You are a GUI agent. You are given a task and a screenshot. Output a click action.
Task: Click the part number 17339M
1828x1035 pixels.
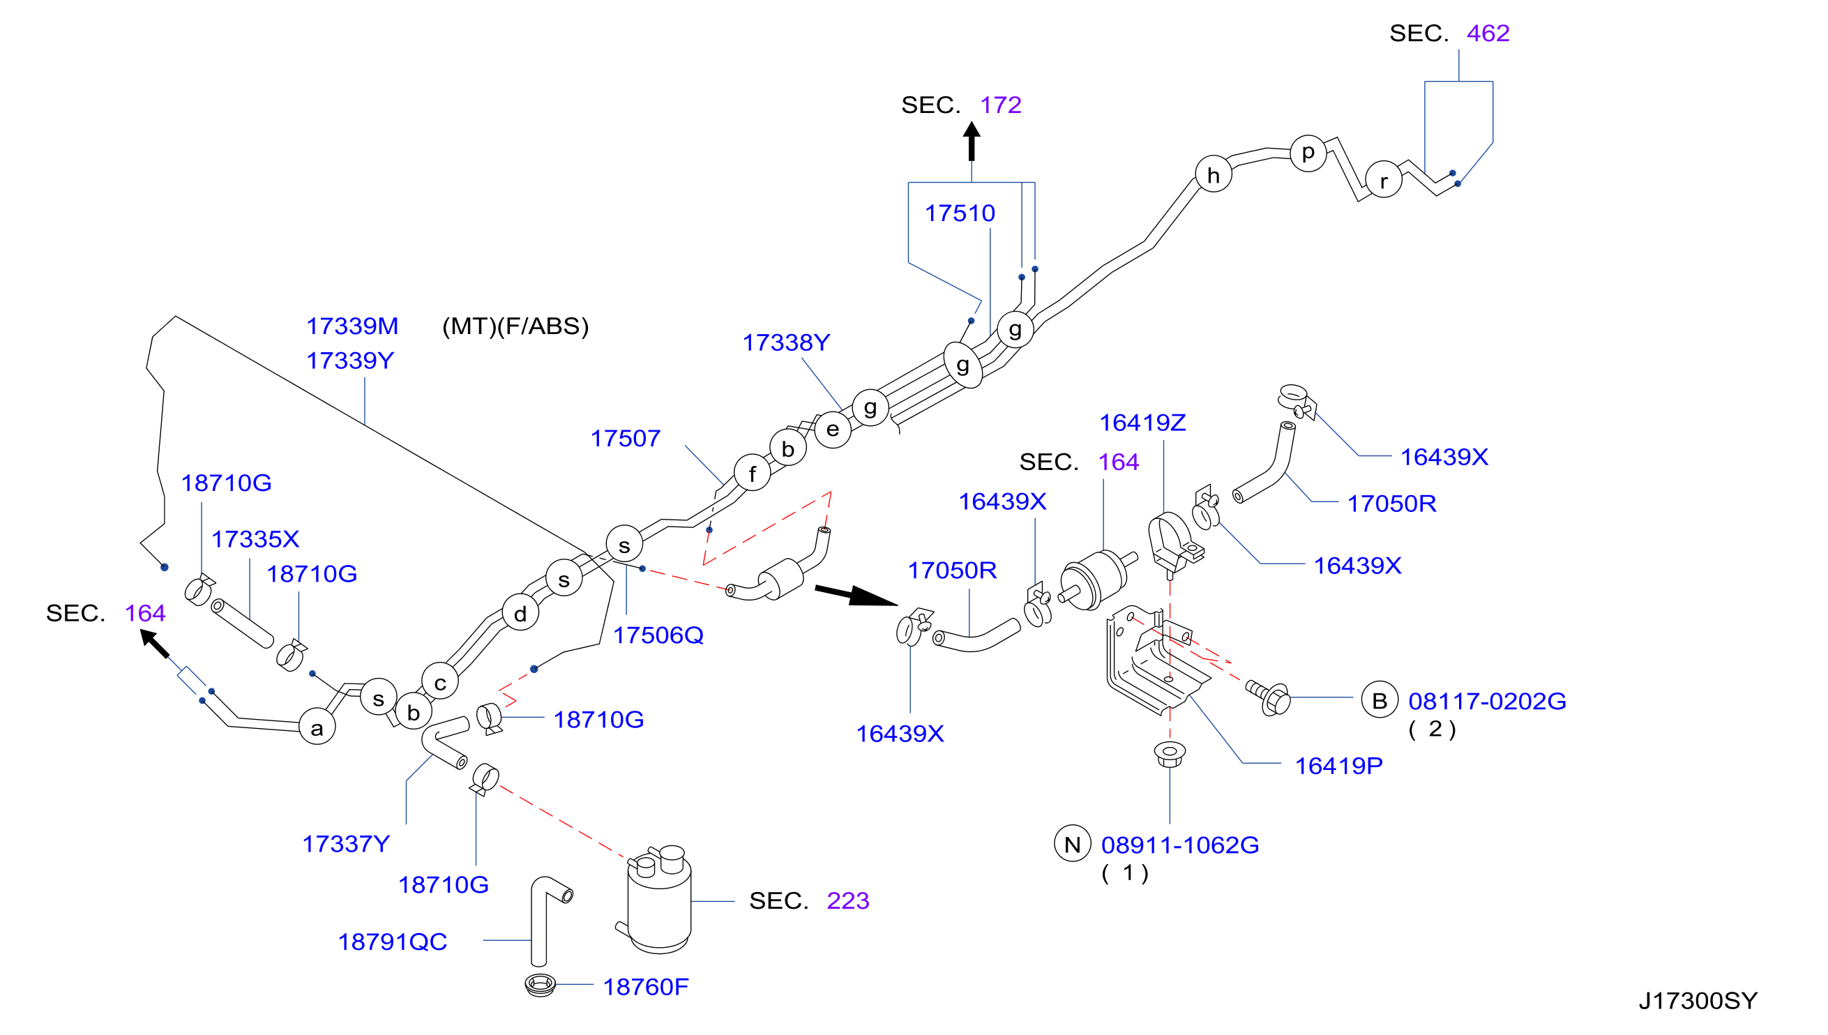tap(352, 326)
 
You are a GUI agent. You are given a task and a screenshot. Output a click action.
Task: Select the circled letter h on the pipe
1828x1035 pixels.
tap(1213, 175)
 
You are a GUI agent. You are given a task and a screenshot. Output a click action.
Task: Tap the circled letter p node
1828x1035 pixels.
tap(1308, 153)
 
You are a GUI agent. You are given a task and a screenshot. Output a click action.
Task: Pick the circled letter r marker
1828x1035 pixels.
tap(1383, 180)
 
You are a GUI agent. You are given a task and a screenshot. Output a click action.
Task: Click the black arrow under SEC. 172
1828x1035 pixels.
tap(972, 142)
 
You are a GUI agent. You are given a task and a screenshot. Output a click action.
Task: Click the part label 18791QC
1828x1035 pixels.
tap(393, 942)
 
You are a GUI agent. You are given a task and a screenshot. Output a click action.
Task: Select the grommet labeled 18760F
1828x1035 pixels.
tap(539, 985)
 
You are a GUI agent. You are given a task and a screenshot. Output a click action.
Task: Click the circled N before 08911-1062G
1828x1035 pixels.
tap(1072, 844)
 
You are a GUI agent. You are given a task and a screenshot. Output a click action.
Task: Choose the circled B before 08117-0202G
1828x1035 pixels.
tap(1380, 700)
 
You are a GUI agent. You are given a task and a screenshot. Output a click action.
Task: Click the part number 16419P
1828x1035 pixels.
tap(1338, 766)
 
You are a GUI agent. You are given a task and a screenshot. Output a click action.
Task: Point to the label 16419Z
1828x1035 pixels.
tap(1142, 423)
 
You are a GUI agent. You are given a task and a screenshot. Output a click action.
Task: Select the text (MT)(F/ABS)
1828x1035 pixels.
tap(515, 326)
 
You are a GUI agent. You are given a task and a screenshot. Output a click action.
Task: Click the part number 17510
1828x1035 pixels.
tap(960, 213)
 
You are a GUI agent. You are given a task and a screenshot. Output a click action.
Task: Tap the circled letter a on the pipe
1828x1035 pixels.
tap(317, 727)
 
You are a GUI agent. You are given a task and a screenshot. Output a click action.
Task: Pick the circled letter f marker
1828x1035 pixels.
tap(752, 473)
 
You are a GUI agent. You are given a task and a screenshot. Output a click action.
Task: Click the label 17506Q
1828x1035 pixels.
tap(658, 635)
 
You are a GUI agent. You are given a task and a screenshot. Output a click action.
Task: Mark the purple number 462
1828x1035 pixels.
tap(1488, 33)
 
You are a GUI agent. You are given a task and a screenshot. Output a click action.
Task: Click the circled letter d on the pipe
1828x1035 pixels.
tap(520, 614)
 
